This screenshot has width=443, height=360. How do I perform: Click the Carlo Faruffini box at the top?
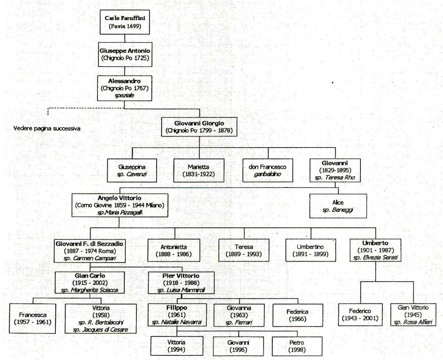pyautogui.click(x=125, y=22)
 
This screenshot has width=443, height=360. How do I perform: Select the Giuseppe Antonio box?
pyautogui.click(x=125, y=54)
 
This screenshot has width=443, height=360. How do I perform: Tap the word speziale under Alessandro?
pyautogui.click(x=124, y=96)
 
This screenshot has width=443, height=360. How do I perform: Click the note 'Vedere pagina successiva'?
pyautogui.click(x=47, y=128)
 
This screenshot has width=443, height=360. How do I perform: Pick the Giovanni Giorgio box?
pyautogui.click(x=199, y=127)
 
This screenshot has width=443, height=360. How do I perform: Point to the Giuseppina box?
pyautogui.click(x=132, y=171)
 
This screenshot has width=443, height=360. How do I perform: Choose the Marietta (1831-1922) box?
pyautogui.click(x=199, y=171)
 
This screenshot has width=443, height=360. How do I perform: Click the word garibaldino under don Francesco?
pyautogui.click(x=267, y=174)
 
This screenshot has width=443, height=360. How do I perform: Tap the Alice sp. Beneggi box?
pyautogui.click(x=338, y=206)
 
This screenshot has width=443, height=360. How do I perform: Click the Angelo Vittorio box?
pyautogui.click(x=120, y=205)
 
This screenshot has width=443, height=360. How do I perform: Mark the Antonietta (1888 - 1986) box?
pyautogui.click(x=174, y=250)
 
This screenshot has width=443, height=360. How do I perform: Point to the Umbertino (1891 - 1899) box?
pyautogui.click(x=310, y=250)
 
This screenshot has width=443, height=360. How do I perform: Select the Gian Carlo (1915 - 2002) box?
pyautogui.click(x=90, y=283)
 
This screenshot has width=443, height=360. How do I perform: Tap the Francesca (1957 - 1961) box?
pyautogui.click(x=32, y=318)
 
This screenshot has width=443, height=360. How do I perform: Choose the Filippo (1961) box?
pyautogui.click(x=177, y=315)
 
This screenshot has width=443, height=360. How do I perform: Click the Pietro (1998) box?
pyautogui.click(x=297, y=346)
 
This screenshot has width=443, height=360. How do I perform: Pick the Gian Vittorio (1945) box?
pyautogui.click(x=413, y=315)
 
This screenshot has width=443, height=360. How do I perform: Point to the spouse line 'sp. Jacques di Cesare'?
pyautogui.click(x=100, y=330)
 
